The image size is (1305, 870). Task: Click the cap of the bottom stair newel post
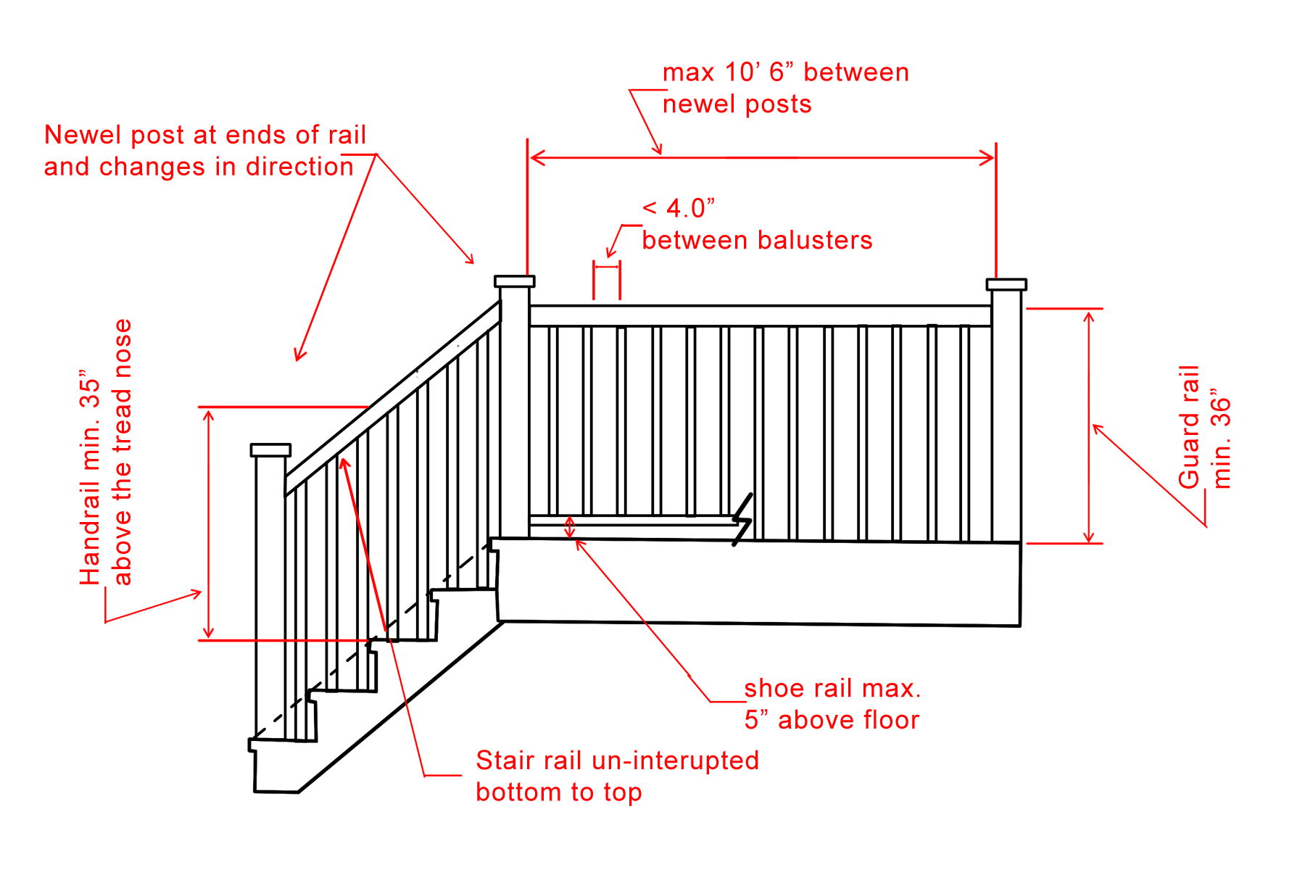pos(270,450)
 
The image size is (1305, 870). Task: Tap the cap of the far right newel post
pos(1006,284)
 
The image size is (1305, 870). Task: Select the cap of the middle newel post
pos(515,281)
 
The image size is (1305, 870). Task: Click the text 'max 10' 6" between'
pos(786,72)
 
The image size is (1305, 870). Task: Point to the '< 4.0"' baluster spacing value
pos(679,209)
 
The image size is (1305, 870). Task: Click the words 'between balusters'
pos(758,240)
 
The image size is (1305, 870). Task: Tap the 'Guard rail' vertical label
pos(1189,427)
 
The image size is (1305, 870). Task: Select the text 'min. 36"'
pos(1221,442)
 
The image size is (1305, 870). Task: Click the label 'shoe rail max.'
pos(833,688)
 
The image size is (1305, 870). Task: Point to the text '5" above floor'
pos(832,720)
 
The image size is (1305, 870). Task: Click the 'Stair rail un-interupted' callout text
pos(618,761)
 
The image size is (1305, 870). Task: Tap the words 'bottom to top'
pos(559,792)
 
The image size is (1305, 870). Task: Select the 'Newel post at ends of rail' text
pos(205,135)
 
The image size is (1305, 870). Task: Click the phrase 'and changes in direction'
pos(199,167)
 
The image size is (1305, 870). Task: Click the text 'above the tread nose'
pos(122,452)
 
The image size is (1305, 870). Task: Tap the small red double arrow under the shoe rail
pos(570,527)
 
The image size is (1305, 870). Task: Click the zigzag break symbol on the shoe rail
pos(742,519)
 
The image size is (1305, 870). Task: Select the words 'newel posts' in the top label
pos(737,104)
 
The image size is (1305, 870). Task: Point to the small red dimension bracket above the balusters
pos(607,280)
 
